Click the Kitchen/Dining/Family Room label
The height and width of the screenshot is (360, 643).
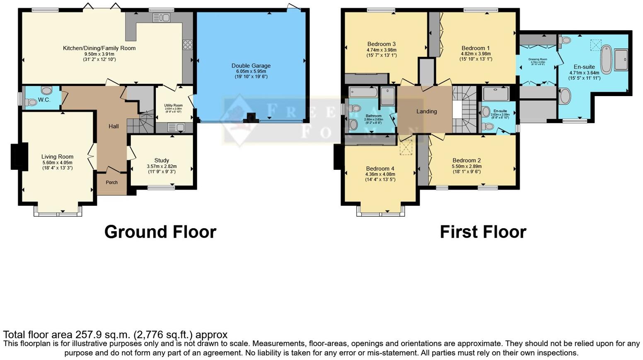99,48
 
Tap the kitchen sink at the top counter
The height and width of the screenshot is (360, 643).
162,17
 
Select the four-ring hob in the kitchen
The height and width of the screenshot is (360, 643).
188,44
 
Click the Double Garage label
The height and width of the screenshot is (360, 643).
251,65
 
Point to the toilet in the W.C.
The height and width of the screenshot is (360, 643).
31,102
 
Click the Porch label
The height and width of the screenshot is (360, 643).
111,182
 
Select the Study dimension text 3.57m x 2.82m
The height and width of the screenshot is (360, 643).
162,166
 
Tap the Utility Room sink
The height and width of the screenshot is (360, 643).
173,128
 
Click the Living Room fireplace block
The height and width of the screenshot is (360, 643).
19,156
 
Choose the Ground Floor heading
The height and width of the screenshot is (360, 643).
160,232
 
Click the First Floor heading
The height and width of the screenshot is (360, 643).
483,232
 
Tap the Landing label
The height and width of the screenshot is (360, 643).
426,111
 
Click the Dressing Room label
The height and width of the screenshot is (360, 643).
537,59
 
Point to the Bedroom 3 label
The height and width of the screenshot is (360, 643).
381,44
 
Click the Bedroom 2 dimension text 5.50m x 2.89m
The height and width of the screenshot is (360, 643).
467,166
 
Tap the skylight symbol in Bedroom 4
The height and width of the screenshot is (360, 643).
406,148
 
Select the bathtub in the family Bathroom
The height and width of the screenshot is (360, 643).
363,92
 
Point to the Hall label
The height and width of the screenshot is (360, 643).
114,126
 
